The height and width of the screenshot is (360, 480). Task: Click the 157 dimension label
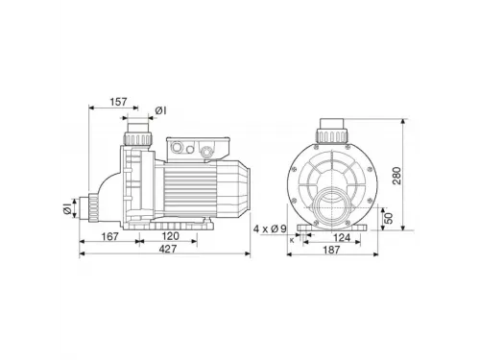[x=118, y=102]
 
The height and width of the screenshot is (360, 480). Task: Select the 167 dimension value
[x=109, y=237]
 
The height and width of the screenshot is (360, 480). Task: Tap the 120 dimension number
[x=170, y=236]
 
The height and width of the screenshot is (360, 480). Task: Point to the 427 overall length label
[x=168, y=249]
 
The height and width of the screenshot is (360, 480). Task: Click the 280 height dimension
[x=396, y=176]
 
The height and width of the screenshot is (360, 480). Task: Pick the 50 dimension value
[x=388, y=218]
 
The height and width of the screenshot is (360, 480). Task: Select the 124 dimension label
[x=342, y=238]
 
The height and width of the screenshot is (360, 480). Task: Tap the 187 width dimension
[x=331, y=250]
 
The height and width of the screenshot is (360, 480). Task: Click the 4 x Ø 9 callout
[x=270, y=229]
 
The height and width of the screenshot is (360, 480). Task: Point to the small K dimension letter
[x=292, y=240]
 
